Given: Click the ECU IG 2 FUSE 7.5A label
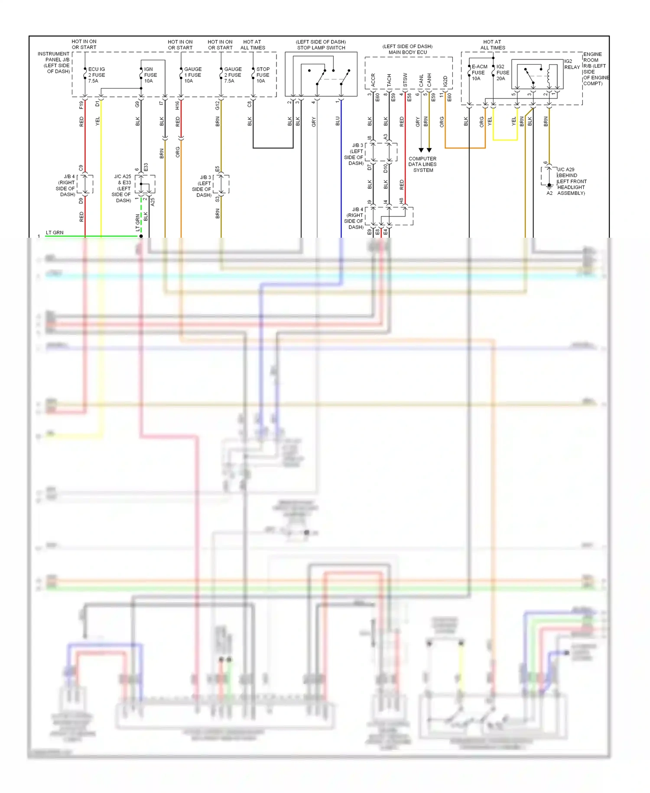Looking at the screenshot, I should click(x=96, y=75).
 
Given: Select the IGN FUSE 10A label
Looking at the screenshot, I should click(x=150, y=75).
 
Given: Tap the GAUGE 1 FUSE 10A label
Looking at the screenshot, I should click(x=192, y=75).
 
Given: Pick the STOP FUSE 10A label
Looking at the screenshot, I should click(x=263, y=75).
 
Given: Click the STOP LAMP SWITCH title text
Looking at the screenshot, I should click(x=321, y=48).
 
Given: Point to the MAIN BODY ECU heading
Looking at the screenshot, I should click(x=407, y=52).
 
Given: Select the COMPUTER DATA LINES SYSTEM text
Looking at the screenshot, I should click(x=422, y=164).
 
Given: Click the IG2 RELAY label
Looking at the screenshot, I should click(x=572, y=64).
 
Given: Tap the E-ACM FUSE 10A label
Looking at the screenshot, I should click(x=479, y=72).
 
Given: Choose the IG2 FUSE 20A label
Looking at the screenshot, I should click(x=503, y=72).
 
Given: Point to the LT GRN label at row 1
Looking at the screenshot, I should click(x=55, y=233).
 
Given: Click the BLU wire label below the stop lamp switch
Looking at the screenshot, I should click(x=338, y=121).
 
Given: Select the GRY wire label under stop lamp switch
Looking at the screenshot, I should click(x=313, y=122).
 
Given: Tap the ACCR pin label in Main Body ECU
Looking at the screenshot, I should click(x=373, y=80).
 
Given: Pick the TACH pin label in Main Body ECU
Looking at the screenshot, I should click(x=389, y=80).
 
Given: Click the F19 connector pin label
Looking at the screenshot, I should click(x=81, y=105).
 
